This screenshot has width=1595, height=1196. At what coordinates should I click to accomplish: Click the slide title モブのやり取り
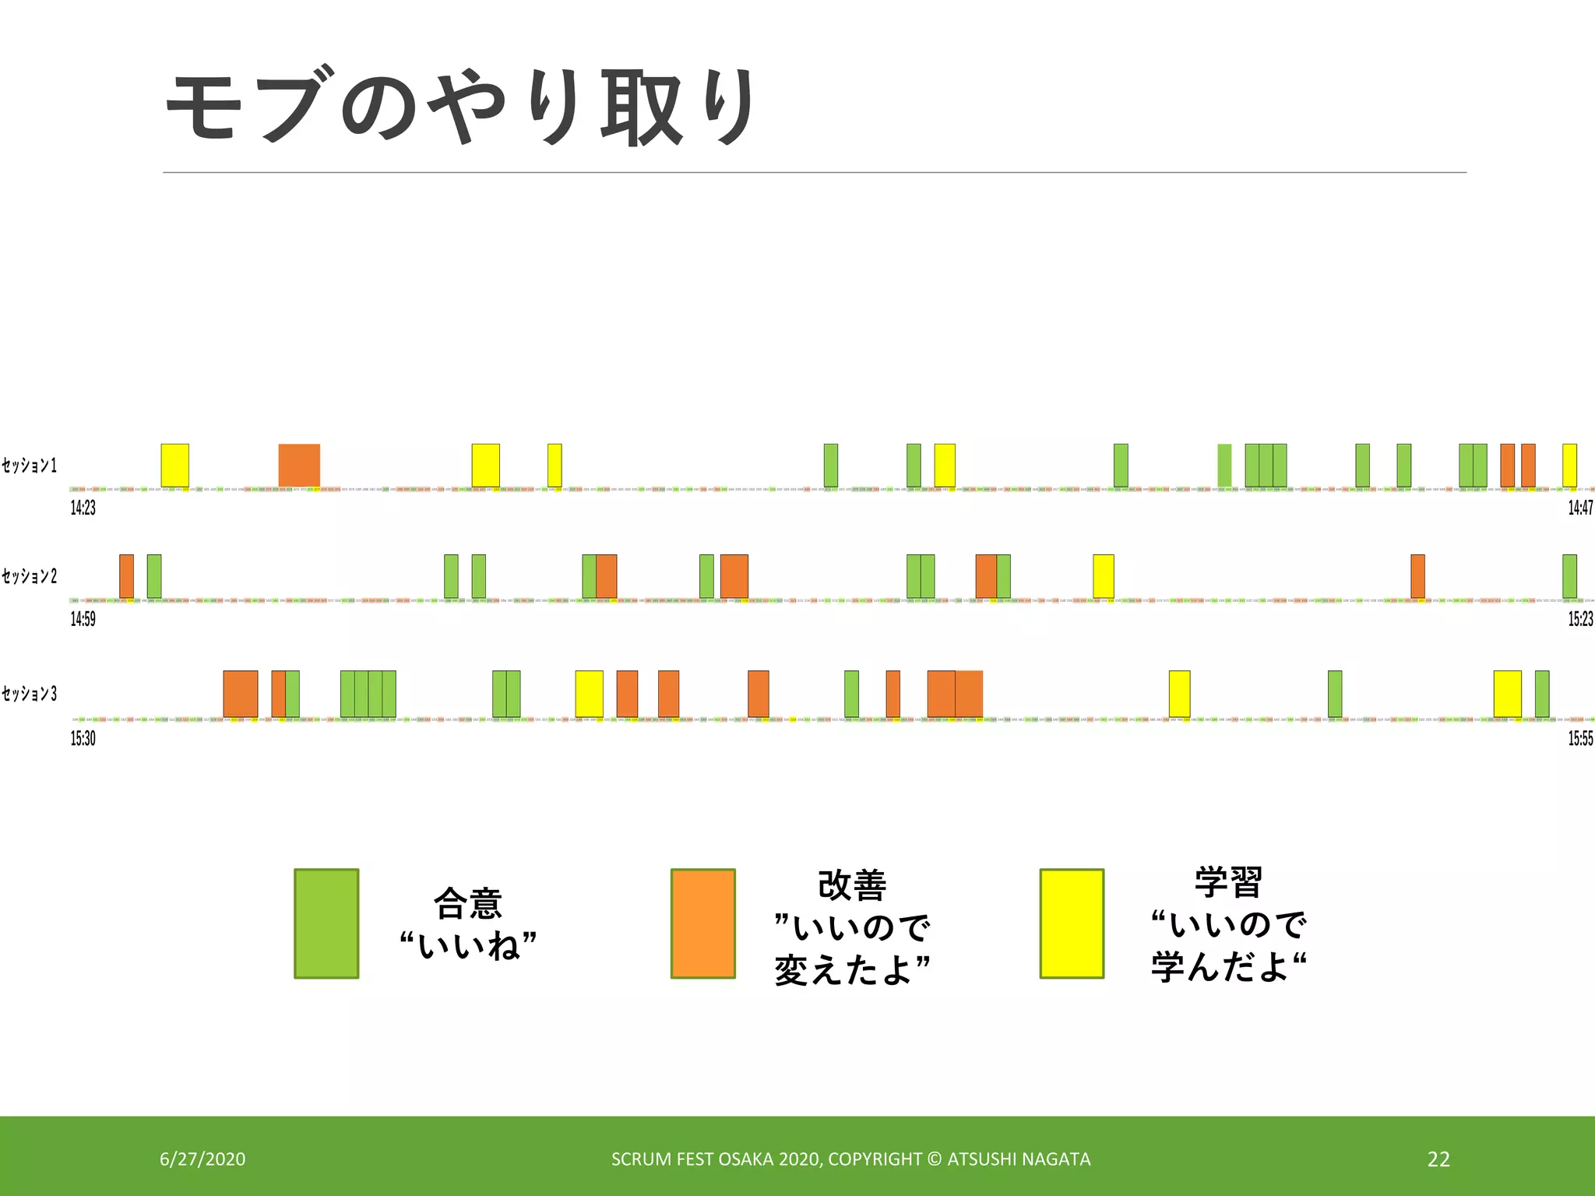click(459, 107)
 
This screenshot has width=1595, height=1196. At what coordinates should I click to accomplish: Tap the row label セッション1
click(30, 466)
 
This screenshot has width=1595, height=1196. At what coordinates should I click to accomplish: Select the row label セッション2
click(30, 576)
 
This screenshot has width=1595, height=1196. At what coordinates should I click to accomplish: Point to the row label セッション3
click(30, 694)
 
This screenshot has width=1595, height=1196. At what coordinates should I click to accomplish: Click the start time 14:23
click(83, 508)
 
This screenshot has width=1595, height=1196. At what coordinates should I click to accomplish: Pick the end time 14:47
click(1580, 508)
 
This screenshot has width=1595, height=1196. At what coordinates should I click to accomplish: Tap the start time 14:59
click(83, 619)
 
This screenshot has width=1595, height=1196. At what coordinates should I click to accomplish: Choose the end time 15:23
click(1580, 619)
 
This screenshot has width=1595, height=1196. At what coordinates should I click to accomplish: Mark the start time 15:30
click(83, 738)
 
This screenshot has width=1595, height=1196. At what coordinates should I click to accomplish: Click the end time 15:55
click(1580, 738)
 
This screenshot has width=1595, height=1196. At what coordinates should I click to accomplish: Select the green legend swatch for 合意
click(326, 923)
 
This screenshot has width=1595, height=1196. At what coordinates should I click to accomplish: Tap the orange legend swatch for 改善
click(703, 923)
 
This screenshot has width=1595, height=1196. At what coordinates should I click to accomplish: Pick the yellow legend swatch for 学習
click(1072, 923)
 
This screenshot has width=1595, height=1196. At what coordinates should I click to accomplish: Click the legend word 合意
click(468, 903)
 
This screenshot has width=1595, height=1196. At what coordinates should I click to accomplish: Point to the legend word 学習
click(1228, 882)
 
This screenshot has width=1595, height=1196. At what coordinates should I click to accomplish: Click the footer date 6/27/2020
click(202, 1159)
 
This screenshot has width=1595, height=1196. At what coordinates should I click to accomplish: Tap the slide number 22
click(1438, 1159)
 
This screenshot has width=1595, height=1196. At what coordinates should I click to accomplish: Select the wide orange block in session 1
click(299, 465)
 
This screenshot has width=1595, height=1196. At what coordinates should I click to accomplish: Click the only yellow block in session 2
click(1103, 576)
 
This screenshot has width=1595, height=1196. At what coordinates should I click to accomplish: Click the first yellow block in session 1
click(174, 465)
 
